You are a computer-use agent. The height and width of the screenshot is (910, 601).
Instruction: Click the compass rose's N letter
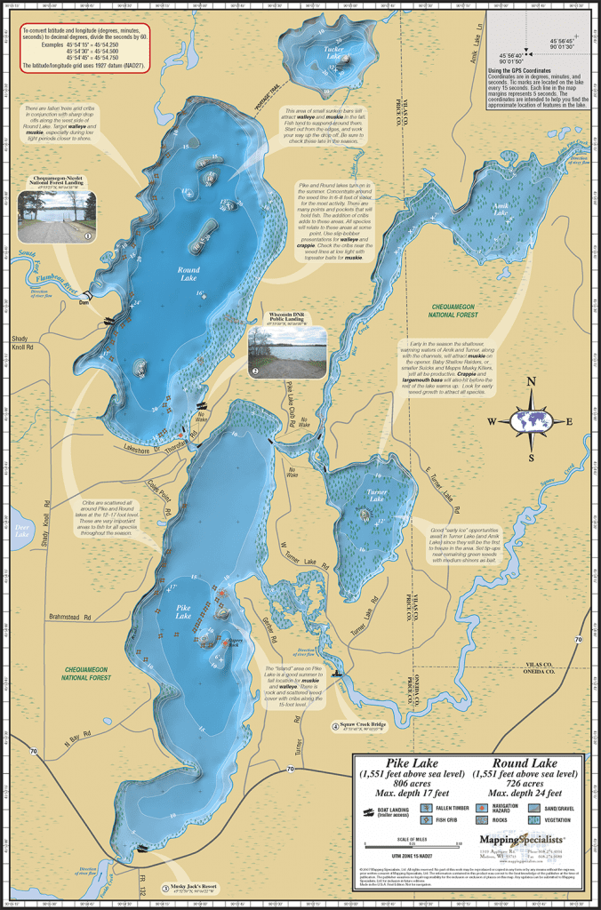click(532, 382)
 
